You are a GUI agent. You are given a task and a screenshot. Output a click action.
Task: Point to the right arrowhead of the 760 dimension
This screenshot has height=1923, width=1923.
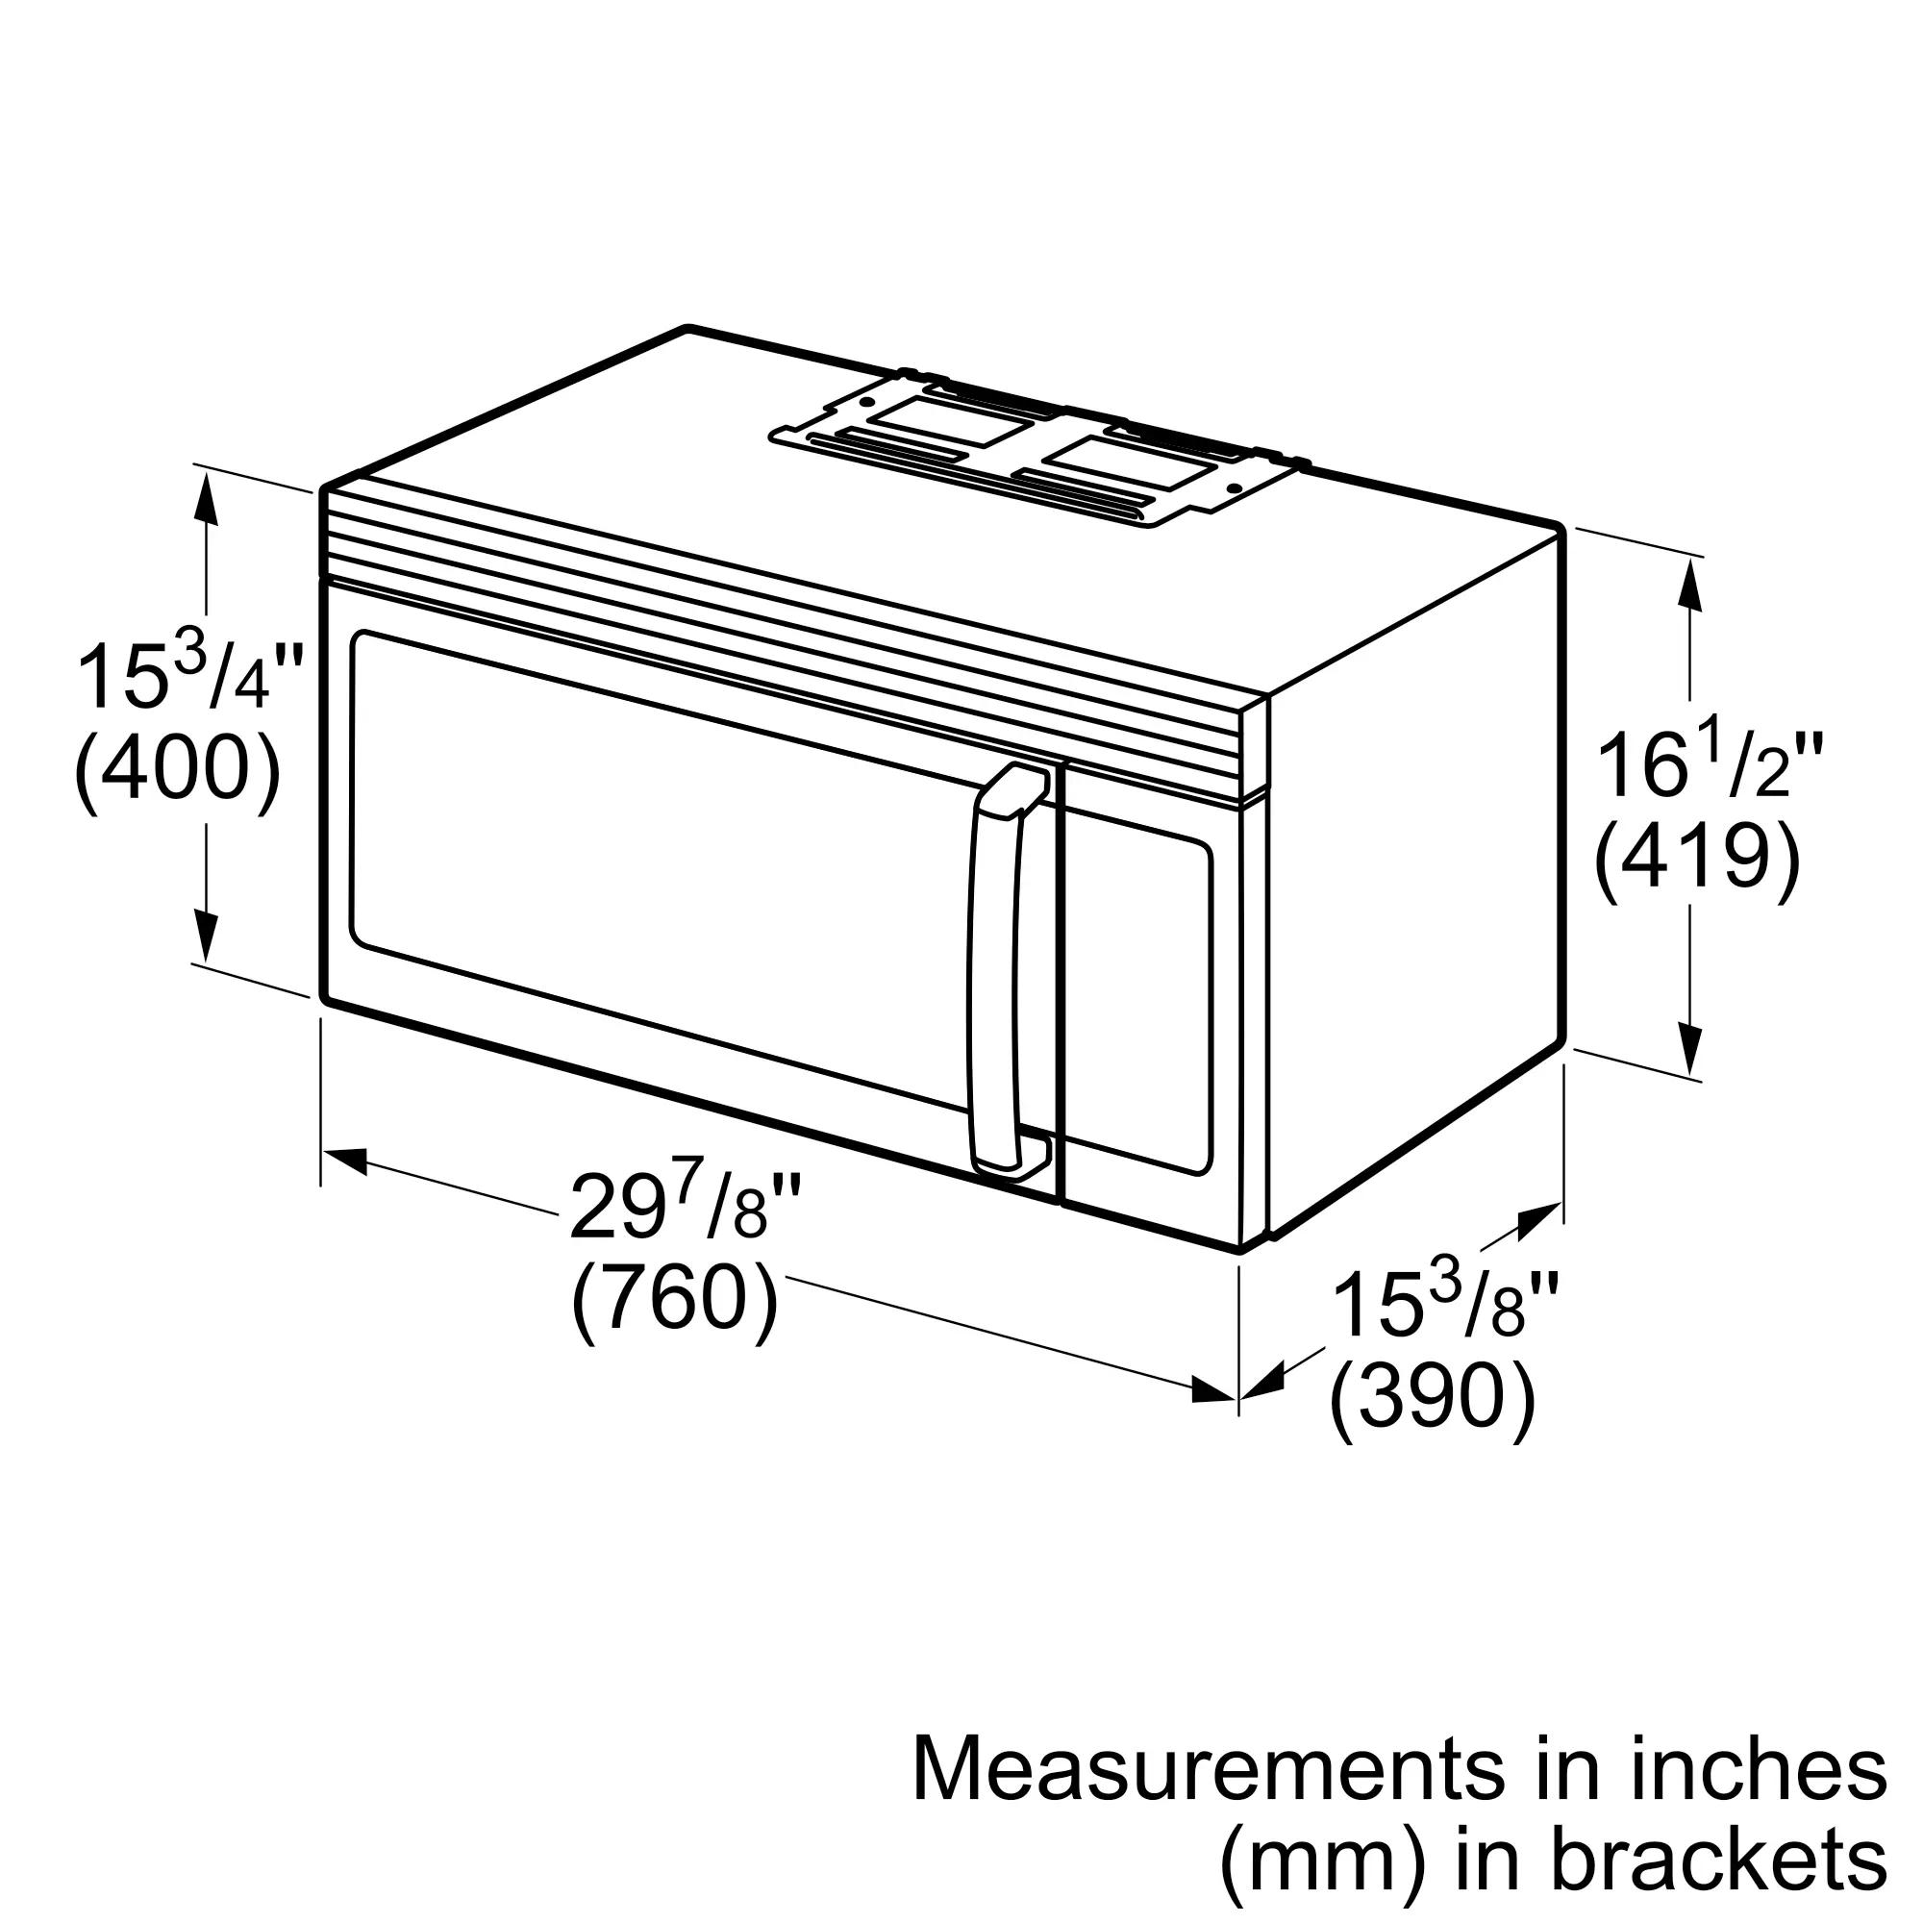1214,1389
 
